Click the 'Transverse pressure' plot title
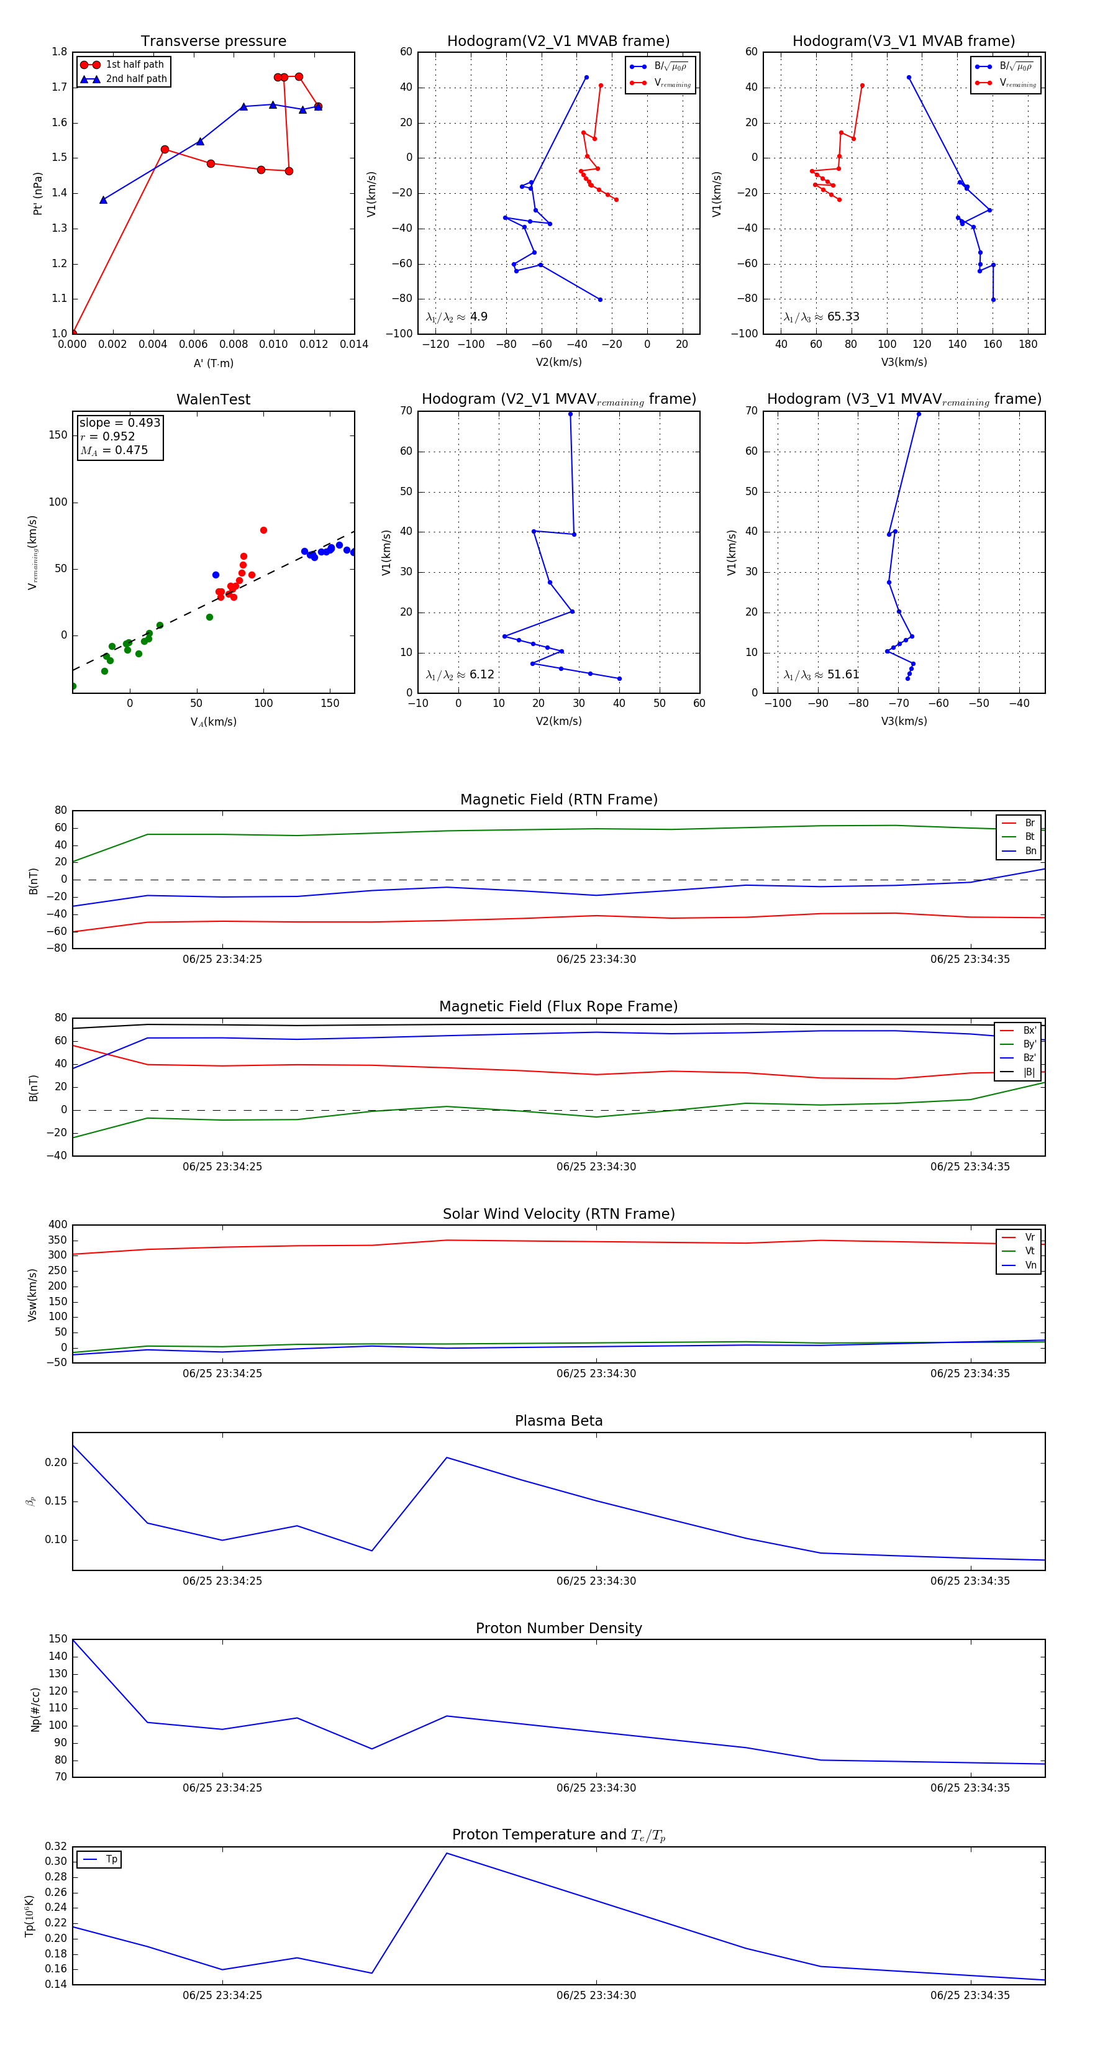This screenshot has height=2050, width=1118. [213, 42]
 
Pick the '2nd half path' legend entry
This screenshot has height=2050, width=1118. [136, 79]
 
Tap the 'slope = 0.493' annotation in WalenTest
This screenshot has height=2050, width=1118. [119, 422]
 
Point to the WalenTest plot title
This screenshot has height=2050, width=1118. [213, 399]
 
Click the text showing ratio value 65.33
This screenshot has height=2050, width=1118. [843, 317]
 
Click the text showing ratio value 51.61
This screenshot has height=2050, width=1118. [843, 675]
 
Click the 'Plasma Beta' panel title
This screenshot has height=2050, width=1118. [558, 1421]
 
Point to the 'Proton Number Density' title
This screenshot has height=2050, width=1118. [558, 1628]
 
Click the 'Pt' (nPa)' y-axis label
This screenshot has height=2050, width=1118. [37, 193]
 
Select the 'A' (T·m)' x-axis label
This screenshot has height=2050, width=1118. [213, 363]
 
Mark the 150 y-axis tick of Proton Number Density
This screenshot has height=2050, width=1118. [58, 1639]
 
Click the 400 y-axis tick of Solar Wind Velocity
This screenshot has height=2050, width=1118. [58, 1225]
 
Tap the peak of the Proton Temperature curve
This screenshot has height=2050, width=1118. [447, 1854]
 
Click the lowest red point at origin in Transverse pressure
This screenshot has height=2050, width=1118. [73, 334]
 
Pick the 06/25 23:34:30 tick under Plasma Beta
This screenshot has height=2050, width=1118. [596, 1581]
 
